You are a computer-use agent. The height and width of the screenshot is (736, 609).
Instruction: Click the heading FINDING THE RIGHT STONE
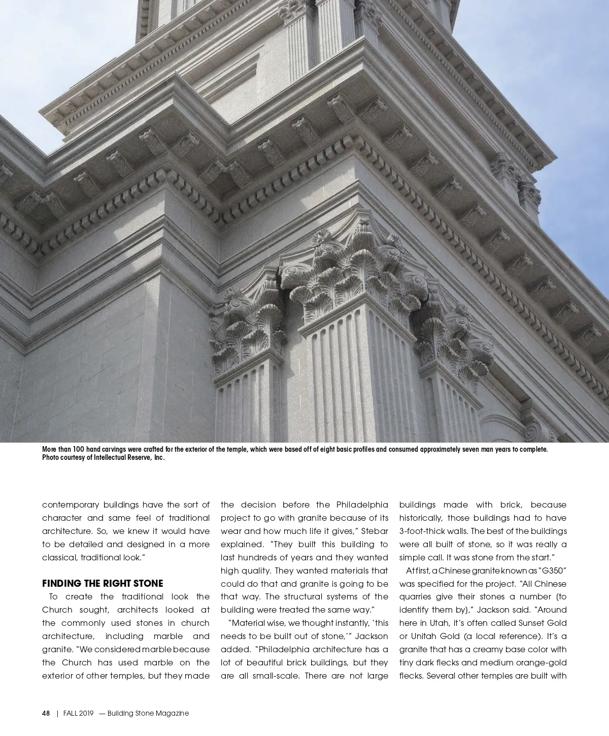point(103,583)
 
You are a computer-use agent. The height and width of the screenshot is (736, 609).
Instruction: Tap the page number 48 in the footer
point(46,713)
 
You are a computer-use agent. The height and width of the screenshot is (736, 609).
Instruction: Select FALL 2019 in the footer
point(79,713)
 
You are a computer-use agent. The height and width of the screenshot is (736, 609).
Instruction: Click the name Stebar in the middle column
point(376,531)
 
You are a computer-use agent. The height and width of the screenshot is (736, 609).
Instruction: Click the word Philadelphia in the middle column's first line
point(362,505)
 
